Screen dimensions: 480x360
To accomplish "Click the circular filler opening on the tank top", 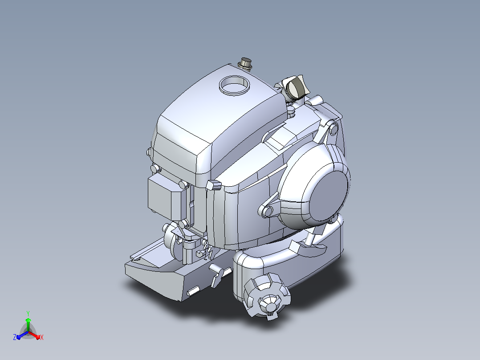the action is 234,85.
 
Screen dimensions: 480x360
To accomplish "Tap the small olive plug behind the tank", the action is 245,63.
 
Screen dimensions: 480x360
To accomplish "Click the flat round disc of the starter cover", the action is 329,196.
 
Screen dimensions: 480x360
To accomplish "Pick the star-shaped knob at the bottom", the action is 267,296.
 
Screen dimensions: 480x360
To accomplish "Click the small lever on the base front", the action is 219,274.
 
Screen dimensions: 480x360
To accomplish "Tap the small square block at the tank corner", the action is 213,185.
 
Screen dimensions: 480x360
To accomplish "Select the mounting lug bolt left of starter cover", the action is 268,211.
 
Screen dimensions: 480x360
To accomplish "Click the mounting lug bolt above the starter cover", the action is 333,129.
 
